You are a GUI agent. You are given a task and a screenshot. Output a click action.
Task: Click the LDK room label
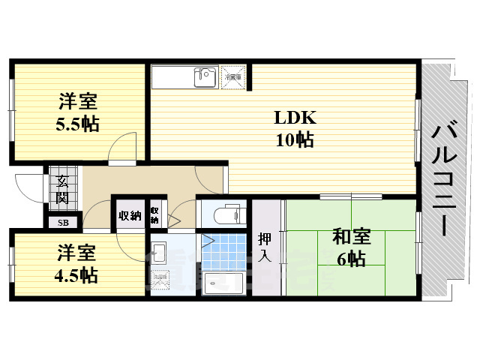[295, 118]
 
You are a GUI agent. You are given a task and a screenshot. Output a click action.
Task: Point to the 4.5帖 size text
[75, 274]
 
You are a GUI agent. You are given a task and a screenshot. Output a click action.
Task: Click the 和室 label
[351, 238]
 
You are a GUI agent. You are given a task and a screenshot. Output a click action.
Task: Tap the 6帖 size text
[351, 259]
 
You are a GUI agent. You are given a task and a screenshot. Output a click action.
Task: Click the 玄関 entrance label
[62, 189]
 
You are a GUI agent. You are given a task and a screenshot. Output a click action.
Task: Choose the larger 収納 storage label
[129, 216]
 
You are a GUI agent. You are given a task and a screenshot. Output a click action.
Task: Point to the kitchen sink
[203, 76]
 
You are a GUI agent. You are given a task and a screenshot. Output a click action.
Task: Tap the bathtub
[223, 285]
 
